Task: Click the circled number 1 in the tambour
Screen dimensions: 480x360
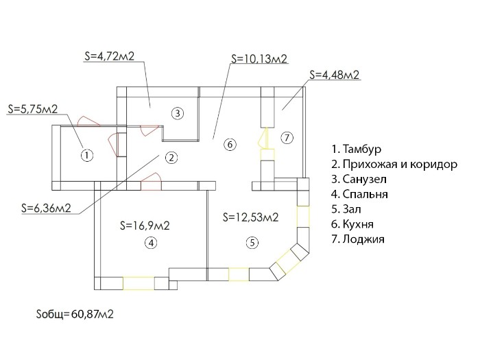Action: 87,155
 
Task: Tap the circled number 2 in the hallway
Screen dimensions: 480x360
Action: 171,158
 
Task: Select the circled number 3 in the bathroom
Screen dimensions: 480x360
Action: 178,114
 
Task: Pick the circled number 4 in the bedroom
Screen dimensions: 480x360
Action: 151,243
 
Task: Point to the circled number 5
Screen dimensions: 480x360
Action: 252,243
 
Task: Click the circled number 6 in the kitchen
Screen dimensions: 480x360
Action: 230,144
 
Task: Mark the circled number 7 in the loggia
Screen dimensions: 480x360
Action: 287,138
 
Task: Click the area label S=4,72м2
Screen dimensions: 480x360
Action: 109,56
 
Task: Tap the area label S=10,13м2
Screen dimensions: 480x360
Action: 259,58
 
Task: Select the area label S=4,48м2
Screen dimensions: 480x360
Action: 335,75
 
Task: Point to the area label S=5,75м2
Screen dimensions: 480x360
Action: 33,109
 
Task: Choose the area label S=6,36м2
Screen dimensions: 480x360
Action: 46,208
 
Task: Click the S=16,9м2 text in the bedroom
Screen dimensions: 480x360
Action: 145,226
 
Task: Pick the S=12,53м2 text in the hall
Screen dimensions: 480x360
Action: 251,217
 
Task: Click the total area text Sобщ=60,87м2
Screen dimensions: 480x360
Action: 75,314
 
